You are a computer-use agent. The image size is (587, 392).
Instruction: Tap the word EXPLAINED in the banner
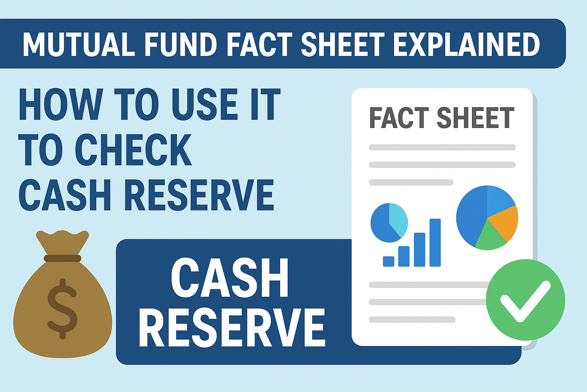click(x=467, y=44)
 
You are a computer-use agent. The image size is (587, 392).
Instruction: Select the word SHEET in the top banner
click(x=343, y=44)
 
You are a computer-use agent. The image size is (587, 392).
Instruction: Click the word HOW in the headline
click(x=61, y=104)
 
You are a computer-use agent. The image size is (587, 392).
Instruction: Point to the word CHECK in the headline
click(x=133, y=150)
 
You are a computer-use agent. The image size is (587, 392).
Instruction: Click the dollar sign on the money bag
click(x=62, y=309)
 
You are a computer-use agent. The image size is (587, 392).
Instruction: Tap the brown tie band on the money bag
click(x=62, y=258)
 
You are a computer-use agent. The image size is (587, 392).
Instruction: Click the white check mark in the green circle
click(x=525, y=302)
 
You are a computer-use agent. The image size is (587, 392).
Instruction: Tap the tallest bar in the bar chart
click(x=435, y=243)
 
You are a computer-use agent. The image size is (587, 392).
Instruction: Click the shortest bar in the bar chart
click(x=389, y=261)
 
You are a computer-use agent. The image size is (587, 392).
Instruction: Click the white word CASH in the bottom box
click(x=230, y=278)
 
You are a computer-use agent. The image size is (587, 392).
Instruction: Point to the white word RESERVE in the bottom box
click(x=232, y=328)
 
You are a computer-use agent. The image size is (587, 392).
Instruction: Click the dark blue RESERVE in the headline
click(x=199, y=195)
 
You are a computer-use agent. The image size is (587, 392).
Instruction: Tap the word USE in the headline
click(x=205, y=104)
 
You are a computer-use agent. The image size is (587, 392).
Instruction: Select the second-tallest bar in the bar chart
click(x=420, y=250)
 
